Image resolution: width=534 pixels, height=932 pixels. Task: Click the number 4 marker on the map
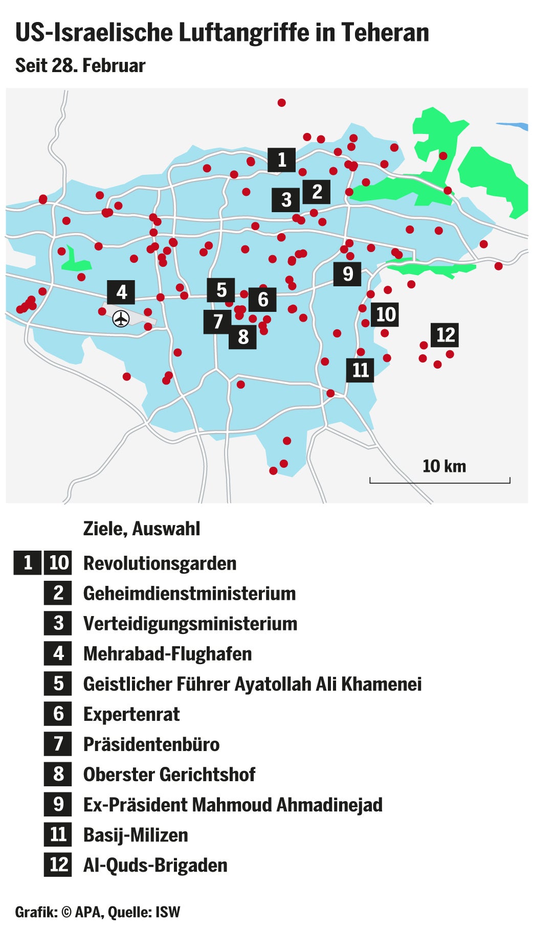click(121, 292)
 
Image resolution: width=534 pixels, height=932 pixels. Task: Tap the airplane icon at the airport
click(121, 319)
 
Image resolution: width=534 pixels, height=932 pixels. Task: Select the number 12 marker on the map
click(444, 335)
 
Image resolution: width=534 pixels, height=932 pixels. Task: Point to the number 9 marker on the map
click(347, 274)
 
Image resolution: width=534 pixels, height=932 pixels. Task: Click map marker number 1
click(281, 160)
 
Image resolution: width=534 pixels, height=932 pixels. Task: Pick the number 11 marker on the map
click(360, 370)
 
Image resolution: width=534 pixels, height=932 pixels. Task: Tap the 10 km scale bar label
click(444, 466)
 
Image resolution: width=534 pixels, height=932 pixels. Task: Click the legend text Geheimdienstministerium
click(189, 594)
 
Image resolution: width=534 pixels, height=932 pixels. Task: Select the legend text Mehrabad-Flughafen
click(167, 654)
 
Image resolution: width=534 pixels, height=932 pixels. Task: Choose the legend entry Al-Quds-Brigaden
click(155, 865)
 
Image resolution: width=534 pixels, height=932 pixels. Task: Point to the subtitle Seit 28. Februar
click(80, 65)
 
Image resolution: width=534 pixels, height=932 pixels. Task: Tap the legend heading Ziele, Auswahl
click(142, 529)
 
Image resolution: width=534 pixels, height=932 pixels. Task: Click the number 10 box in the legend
click(58, 563)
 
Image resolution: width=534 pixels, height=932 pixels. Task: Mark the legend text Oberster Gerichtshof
click(169, 775)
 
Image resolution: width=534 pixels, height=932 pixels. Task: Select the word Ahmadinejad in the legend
click(329, 805)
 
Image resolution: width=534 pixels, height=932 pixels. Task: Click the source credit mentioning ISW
click(97, 912)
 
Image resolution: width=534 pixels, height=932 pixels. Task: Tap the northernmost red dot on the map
click(281, 103)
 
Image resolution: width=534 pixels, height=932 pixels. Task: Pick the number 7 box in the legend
click(58, 744)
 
